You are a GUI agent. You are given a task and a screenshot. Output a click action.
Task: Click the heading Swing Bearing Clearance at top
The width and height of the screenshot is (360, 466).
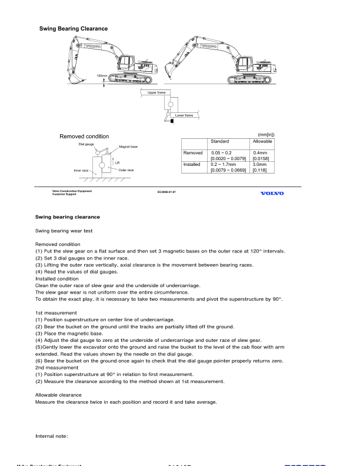74,28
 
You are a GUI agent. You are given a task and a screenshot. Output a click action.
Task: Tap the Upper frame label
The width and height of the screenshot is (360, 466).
158,93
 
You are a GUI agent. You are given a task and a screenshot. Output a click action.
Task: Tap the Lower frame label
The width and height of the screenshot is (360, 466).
184,115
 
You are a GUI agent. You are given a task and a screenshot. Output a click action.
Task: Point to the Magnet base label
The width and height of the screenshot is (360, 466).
129,147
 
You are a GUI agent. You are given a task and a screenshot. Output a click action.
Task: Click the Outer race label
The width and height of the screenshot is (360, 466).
126,170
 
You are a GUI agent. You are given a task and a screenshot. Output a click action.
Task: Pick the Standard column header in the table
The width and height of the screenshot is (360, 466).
219,142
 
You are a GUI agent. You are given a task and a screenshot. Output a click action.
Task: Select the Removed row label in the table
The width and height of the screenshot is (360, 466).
193,153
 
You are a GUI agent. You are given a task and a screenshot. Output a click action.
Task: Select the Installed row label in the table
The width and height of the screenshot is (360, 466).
193,165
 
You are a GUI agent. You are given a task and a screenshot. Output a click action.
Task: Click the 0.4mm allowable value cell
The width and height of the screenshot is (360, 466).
261,153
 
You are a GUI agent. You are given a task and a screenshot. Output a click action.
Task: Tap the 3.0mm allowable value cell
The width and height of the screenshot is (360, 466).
261,165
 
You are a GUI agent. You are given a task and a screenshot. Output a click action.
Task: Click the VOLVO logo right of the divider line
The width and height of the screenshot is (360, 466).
268,193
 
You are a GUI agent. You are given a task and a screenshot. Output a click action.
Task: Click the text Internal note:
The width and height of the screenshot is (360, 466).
54,436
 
